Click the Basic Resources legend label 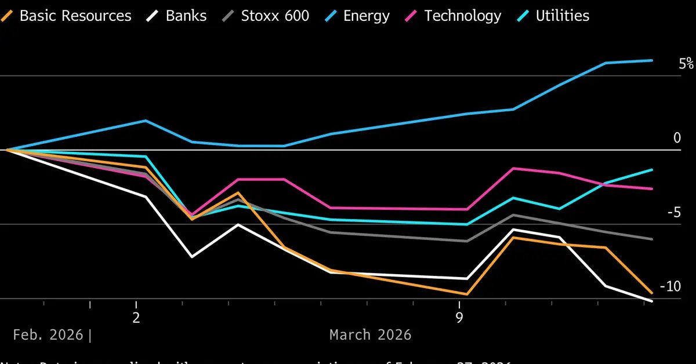pyautogui.click(x=75, y=16)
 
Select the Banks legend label pyautogui.click(x=186, y=16)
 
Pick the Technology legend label pyautogui.click(x=463, y=16)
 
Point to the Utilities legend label pyautogui.click(x=563, y=16)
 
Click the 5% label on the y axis pyautogui.click(x=686, y=64)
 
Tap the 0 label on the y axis pyautogui.click(x=677, y=138)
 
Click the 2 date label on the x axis pyautogui.click(x=136, y=318)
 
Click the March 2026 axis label pyautogui.click(x=370, y=334)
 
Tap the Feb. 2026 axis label pyautogui.click(x=49, y=334)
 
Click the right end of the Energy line pyautogui.click(x=652, y=60)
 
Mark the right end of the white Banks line pyautogui.click(x=652, y=301)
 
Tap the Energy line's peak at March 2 pyautogui.click(x=146, y=121)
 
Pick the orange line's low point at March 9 pyautogui.click(x=466, y=294)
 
